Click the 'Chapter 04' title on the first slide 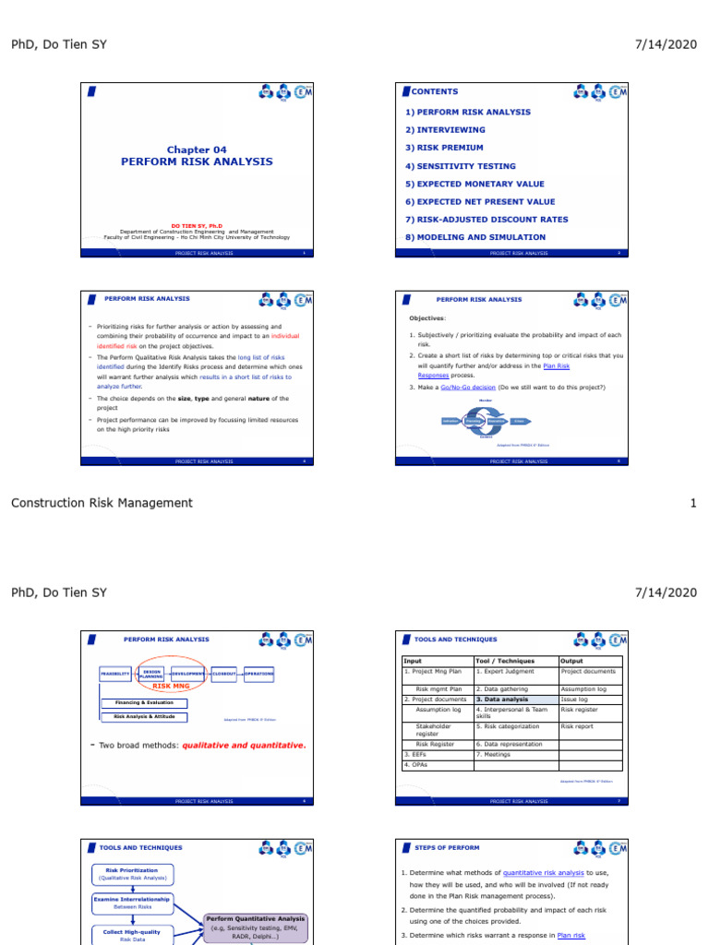pos(196,150)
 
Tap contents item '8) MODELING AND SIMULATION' pos(475,237)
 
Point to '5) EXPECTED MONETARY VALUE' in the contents pos(475,184)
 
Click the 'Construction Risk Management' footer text pos(102,503)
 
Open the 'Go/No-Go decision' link pos(465,387)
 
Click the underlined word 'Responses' pos(433,376)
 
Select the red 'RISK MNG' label pos(172,687)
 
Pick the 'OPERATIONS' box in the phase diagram pos(259,675)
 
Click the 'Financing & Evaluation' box pos(143,703)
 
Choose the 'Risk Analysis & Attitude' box pos(143,716)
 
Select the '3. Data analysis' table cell pos(502,700)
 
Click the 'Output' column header pos(572,661)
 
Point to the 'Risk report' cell pos(578,726)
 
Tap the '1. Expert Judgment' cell pos(505,671)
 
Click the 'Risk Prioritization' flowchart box pos(132,873)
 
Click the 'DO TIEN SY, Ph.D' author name pos(196,225)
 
